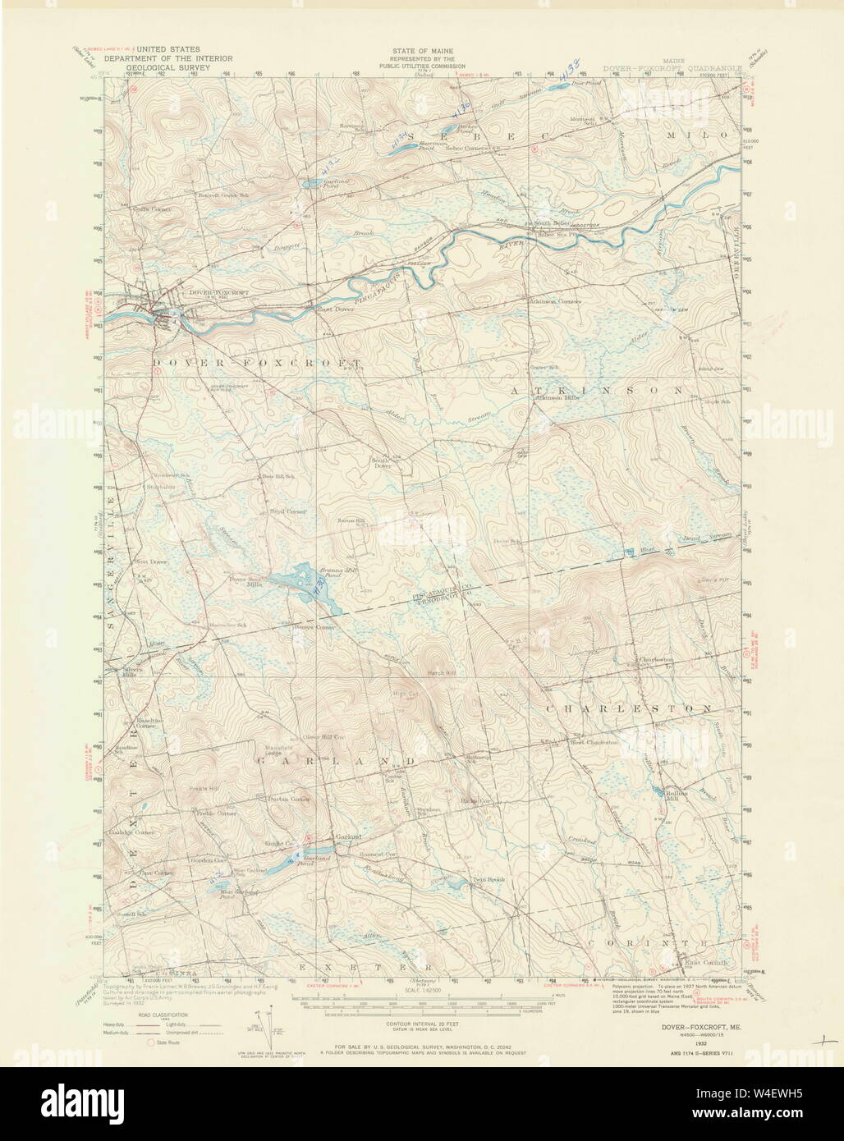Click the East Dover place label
tap(329, 309)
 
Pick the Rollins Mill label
tap(670, 795)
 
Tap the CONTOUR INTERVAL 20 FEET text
tap(421, 1024)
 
